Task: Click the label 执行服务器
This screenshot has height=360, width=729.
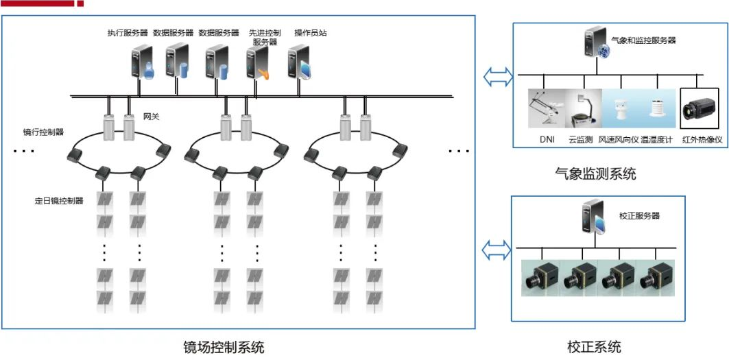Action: [127, 32]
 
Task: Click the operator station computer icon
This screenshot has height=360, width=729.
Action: [299, 62]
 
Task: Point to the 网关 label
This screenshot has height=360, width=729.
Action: [151, 117]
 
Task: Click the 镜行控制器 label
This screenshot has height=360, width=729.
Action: [43, 131]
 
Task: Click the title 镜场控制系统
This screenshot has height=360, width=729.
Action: [224, 346]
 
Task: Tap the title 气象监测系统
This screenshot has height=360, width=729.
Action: [595, 174]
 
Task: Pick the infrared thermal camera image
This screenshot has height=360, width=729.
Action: [702, 108]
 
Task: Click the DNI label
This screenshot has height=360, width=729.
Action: [547, 140]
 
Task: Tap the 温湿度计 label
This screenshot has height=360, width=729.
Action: [657, 140]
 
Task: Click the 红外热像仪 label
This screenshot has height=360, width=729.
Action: [702, 140]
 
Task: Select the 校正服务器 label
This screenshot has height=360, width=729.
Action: [638, 215]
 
